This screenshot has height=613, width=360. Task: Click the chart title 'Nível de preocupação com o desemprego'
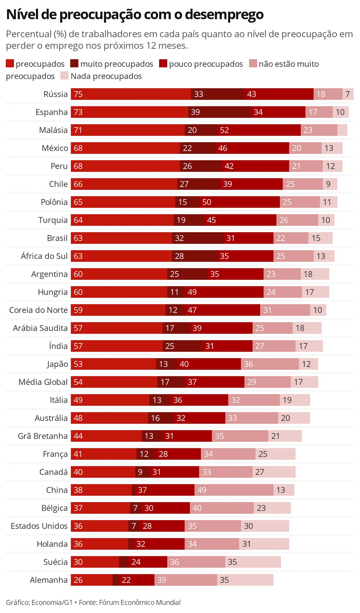135,15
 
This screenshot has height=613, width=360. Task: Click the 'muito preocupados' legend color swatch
74,64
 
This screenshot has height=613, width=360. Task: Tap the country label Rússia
55,94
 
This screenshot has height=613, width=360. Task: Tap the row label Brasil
57,238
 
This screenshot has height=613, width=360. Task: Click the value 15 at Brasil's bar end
316,238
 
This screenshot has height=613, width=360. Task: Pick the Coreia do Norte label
38,310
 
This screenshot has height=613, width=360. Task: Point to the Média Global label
43,382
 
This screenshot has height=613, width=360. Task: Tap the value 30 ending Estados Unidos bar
248,526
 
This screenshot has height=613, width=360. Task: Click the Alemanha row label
49,580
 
